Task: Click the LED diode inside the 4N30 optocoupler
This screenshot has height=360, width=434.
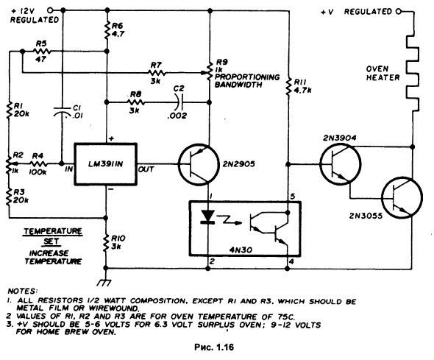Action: pos(207,216)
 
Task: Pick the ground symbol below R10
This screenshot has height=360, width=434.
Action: pos(104,283)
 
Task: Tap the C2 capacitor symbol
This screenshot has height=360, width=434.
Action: pos(179,102)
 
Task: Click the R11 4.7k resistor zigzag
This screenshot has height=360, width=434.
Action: pos(288,86)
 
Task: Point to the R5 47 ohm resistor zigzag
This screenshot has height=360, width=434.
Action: pos(41,52)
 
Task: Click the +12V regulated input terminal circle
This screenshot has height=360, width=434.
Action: pos(50,10)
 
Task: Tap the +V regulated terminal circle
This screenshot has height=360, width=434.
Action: pos(399,12)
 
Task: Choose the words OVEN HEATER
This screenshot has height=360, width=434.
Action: pos(383,73)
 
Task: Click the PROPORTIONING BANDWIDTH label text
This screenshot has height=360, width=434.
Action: pos(247,80)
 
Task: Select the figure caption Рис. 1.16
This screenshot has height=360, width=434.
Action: pos(214,347)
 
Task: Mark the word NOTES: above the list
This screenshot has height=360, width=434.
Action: pos(22,291)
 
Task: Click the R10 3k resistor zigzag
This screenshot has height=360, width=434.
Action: pos(105,244)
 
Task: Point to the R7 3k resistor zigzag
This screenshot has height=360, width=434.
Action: pos(157,73)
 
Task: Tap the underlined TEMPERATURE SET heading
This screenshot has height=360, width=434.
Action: pos(52,236)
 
